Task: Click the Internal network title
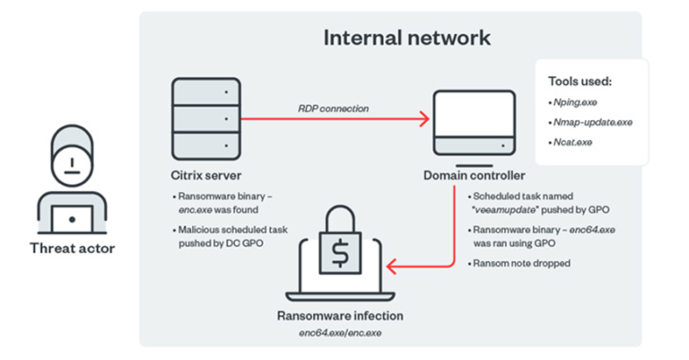tap(406, 38)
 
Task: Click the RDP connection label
tap(334, 109)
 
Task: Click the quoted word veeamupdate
tap(504, 208)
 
